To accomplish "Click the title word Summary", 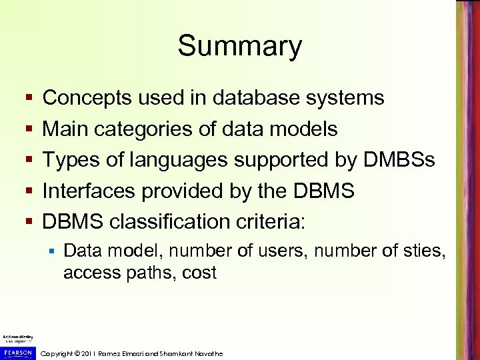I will click(239, 47).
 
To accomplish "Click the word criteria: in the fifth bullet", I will click(267, 221).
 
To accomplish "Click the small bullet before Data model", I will click(51, 251).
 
